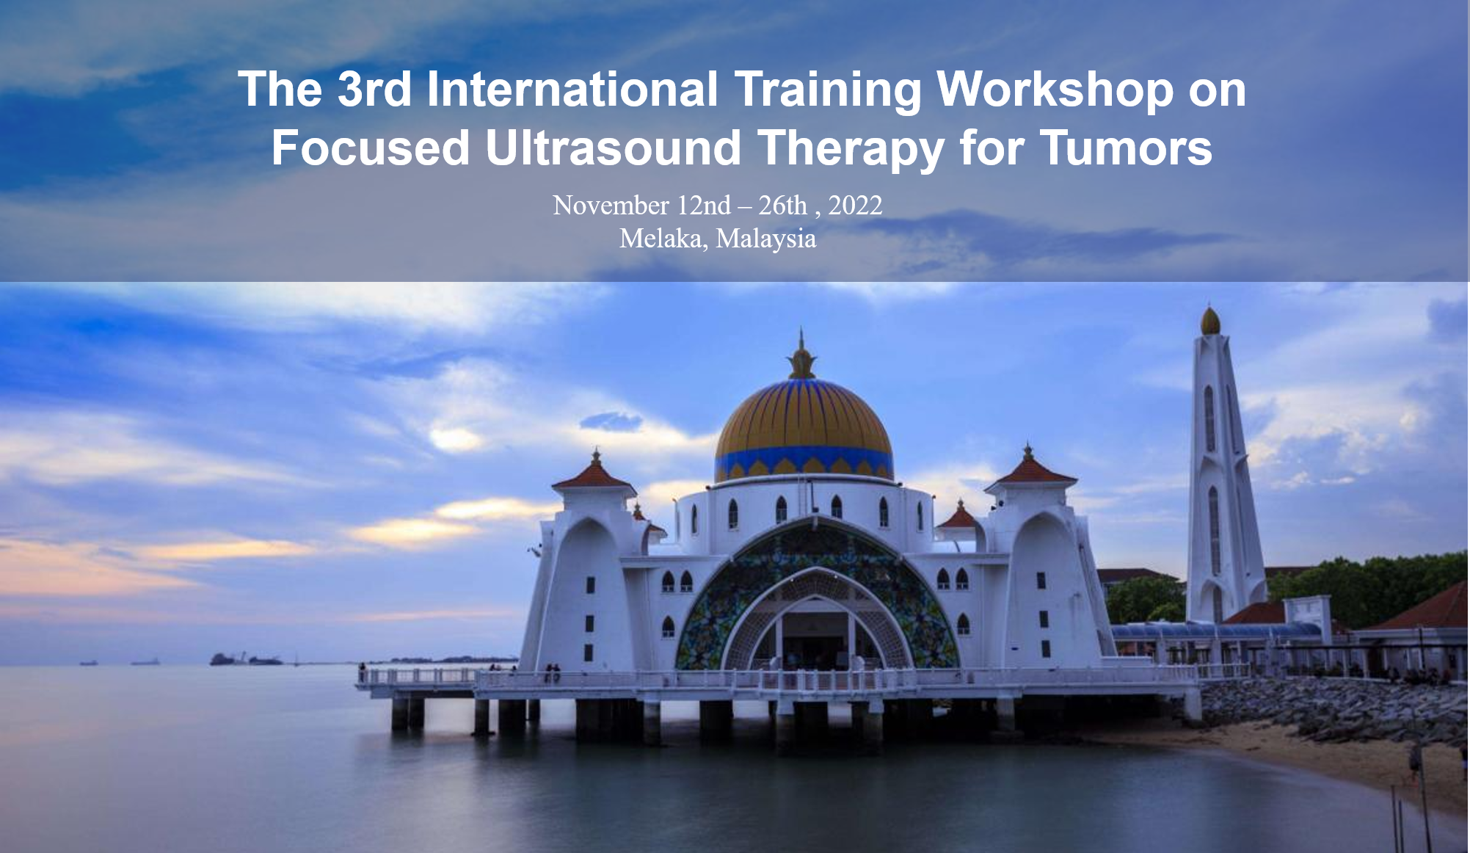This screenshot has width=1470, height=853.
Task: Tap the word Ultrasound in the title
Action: click(x=613, y=148)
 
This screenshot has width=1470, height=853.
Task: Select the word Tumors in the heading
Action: click(x=1126, y=148)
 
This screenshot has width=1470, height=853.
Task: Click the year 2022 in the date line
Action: click(x=855, y=206)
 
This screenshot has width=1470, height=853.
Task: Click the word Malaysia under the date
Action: click(x=766, y=239)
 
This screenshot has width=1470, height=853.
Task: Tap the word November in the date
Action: click(x=611, y=206)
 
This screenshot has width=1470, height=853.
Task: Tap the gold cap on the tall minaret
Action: click(x=1210, y=321)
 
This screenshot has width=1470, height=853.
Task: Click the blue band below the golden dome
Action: click(x=804, y=462)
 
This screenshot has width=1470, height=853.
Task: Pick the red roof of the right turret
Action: click(x=1030, y=468)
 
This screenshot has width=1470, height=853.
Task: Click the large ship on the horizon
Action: click(x=245, y=658)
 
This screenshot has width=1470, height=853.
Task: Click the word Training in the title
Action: click(x=828, y=90)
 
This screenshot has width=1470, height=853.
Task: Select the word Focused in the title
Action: click(x=371, y=148)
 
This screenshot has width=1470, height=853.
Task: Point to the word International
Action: click(x=572, y=90)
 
